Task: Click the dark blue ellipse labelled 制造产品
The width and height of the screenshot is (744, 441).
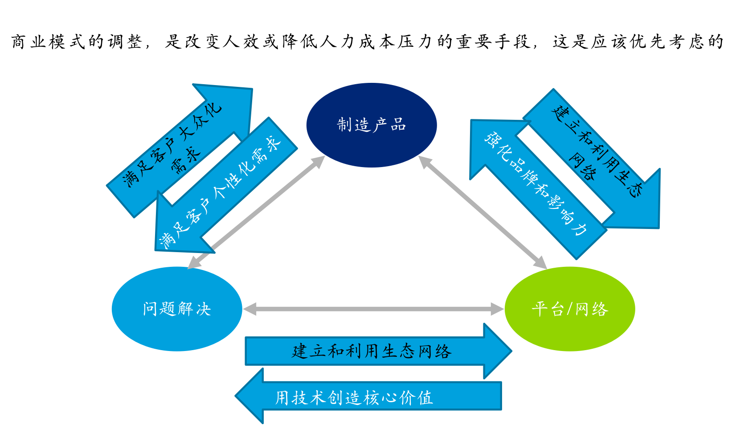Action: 372,125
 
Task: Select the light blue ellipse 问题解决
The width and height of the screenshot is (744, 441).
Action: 177,309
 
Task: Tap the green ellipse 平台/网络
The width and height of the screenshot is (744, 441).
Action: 570,309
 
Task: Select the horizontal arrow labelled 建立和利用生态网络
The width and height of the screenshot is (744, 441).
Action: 378,351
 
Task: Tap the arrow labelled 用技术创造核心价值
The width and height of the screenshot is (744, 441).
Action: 368,396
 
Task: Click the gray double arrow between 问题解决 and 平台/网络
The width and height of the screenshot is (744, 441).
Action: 373,309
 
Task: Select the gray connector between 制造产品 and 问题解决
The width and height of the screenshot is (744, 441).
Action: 256,212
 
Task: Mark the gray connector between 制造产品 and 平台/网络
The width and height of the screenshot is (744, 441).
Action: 482,212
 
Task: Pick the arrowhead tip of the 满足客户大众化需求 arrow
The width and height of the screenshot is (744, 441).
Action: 252,89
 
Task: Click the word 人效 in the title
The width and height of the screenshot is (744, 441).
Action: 241,42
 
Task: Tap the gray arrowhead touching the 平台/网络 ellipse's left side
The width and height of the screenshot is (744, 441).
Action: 498,309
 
